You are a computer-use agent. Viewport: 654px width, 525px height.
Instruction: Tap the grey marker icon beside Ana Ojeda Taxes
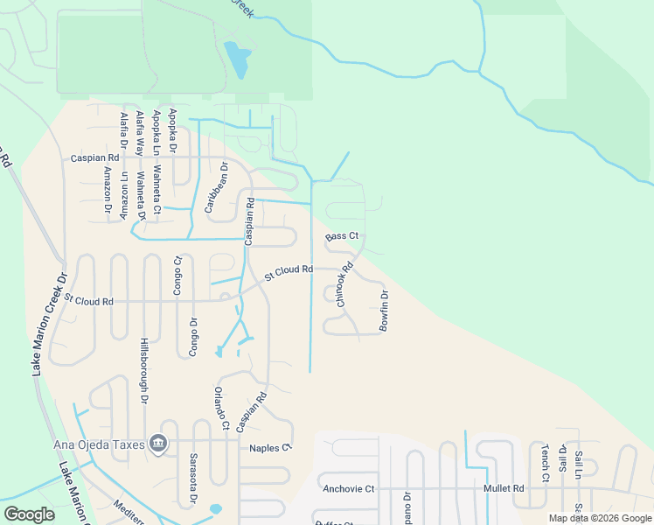157,444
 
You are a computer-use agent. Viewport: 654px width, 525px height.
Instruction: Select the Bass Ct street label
342,236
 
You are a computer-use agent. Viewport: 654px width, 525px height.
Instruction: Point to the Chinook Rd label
344,284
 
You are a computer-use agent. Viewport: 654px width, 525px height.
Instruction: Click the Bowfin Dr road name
383,311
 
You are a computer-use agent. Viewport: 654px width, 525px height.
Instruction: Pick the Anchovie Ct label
348,488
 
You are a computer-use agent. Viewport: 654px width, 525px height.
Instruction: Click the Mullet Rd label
506,488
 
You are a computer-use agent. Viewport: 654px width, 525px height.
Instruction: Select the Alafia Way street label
138,133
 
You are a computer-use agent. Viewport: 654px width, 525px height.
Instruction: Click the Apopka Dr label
172,130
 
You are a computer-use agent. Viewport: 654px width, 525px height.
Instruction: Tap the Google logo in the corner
30,514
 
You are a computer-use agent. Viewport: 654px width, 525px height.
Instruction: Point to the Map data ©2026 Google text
601,518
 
